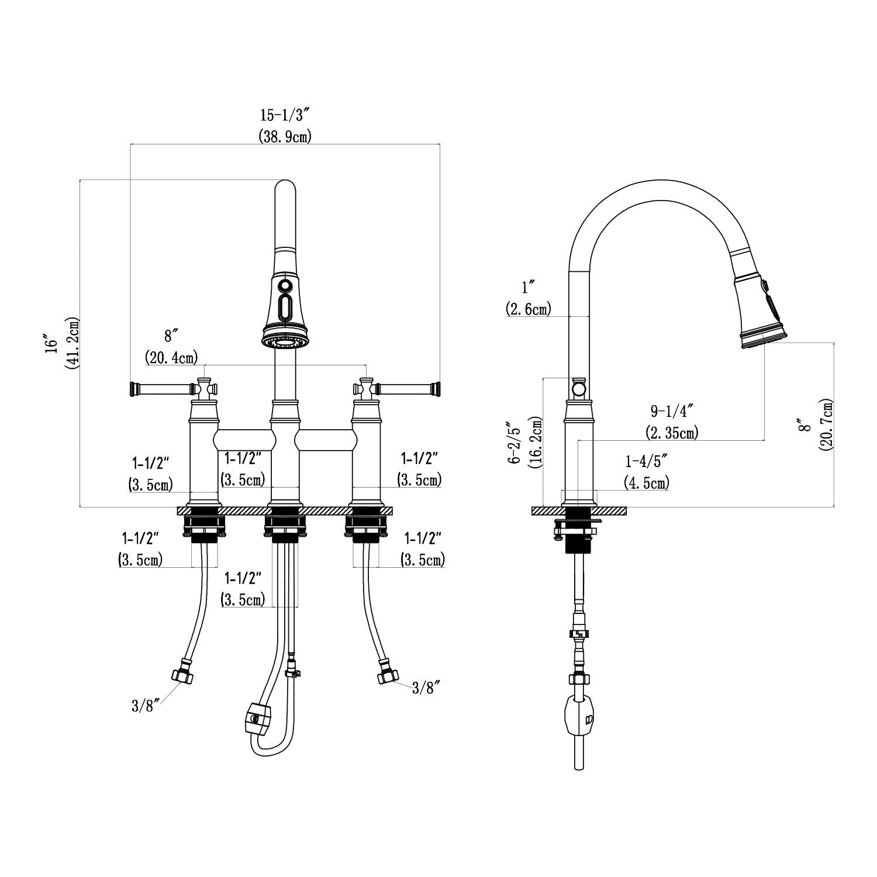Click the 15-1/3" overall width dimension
pos(285,115)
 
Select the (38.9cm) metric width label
pos(285,137)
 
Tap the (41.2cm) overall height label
pos(73,343)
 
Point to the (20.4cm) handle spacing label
pos(171,356)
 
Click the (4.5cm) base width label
pos(647,483)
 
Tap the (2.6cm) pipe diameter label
pos(529,309)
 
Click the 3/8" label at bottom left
pos(142,706)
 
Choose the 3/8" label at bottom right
pos(426,688)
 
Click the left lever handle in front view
pos(162,388)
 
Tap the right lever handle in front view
pos(408,388)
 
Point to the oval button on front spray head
pos(285,308)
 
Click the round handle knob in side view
pos(578,389)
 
